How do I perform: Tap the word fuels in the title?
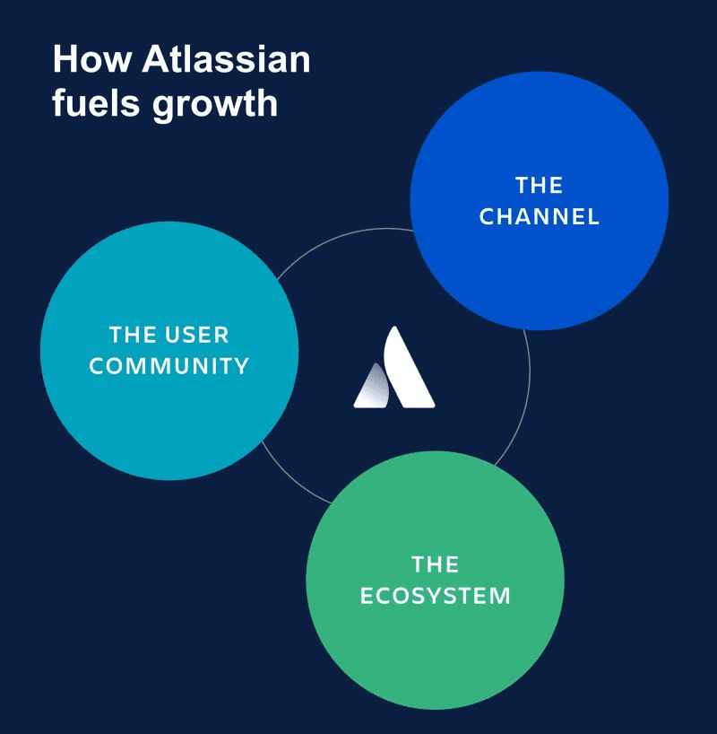(x=94, y=103)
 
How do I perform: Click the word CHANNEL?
(x=540, y=217)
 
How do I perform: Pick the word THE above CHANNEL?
(x=540, y=186)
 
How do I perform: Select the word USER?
(x=197, y=336)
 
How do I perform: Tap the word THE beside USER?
(x=134, y=336)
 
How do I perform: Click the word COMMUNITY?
(x=169, y=366)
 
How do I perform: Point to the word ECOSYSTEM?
(x=436, y=596)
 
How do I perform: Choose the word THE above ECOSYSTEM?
(x=436, y=564)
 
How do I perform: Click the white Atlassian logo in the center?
(x=394, y=370)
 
